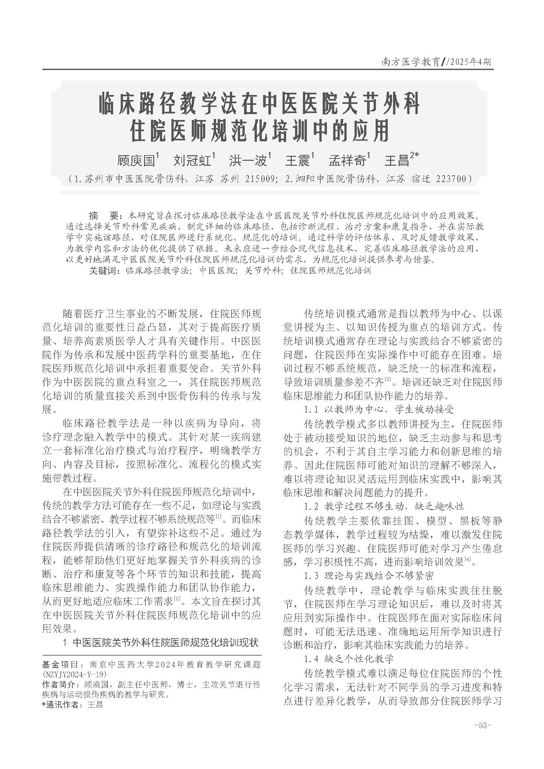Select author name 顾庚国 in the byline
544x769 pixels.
(x=136, y=160)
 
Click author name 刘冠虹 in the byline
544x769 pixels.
(x=192, y=160)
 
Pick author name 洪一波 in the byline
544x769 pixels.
(x=248, y=160)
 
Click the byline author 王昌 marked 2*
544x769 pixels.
(x=397, y=160)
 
